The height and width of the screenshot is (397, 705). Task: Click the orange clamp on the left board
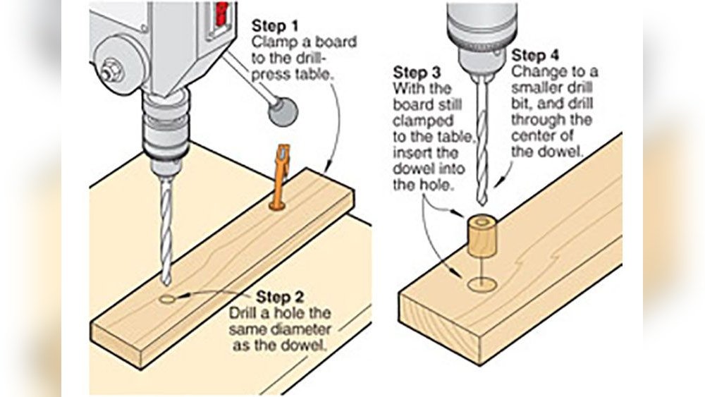coord(281,177)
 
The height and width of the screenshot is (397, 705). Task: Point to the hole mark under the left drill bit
coord(169,299)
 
